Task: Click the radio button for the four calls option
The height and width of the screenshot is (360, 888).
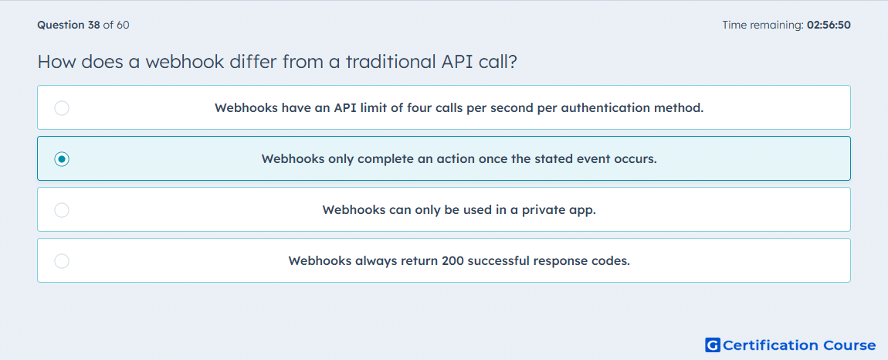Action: coord(62,107)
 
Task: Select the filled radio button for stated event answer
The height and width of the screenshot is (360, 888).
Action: coord(62,159)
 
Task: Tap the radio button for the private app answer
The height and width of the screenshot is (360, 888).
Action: coord(62,210)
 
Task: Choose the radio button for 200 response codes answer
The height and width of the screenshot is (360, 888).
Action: coord(62,261)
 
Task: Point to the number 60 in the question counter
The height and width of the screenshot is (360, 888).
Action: coord(123,25)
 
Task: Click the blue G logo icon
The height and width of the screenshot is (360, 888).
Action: coord(713,345)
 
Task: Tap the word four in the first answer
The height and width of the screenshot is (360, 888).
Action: coord(419,107)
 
